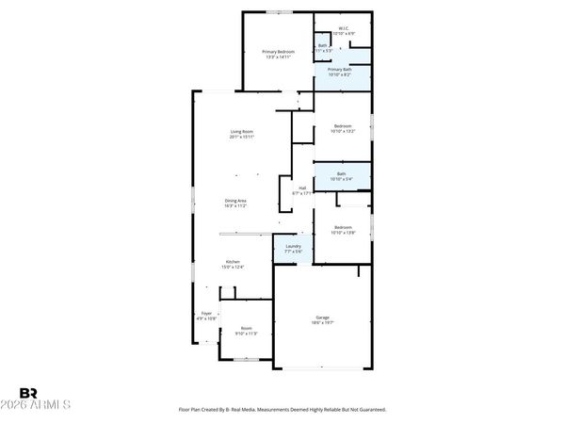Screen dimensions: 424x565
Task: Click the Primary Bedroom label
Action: pos(279,51)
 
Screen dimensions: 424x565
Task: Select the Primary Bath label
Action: pos(339,70)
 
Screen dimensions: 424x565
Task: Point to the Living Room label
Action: pos(242,131)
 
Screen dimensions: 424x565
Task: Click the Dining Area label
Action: pos(235,201)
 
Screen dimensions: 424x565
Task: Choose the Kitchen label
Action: pos(233,261)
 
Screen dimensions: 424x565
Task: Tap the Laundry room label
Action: pos(294,246)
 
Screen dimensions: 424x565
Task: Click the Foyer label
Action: pos(206,313)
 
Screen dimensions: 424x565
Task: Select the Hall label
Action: pos(303,188)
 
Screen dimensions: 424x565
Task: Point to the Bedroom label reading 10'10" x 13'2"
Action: pos(342,126)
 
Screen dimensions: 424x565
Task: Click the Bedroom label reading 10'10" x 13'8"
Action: pos(342,227)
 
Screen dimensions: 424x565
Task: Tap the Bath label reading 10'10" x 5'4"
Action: pos(341,173)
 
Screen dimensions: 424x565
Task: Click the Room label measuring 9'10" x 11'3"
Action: pos(246,328)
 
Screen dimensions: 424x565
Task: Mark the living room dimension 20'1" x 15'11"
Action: pos(242,138)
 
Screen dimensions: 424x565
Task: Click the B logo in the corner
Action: pos(27,393)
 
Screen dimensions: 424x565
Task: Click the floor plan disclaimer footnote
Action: pos(282,410)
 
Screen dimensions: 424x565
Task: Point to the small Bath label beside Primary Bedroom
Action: pos(322,45)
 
